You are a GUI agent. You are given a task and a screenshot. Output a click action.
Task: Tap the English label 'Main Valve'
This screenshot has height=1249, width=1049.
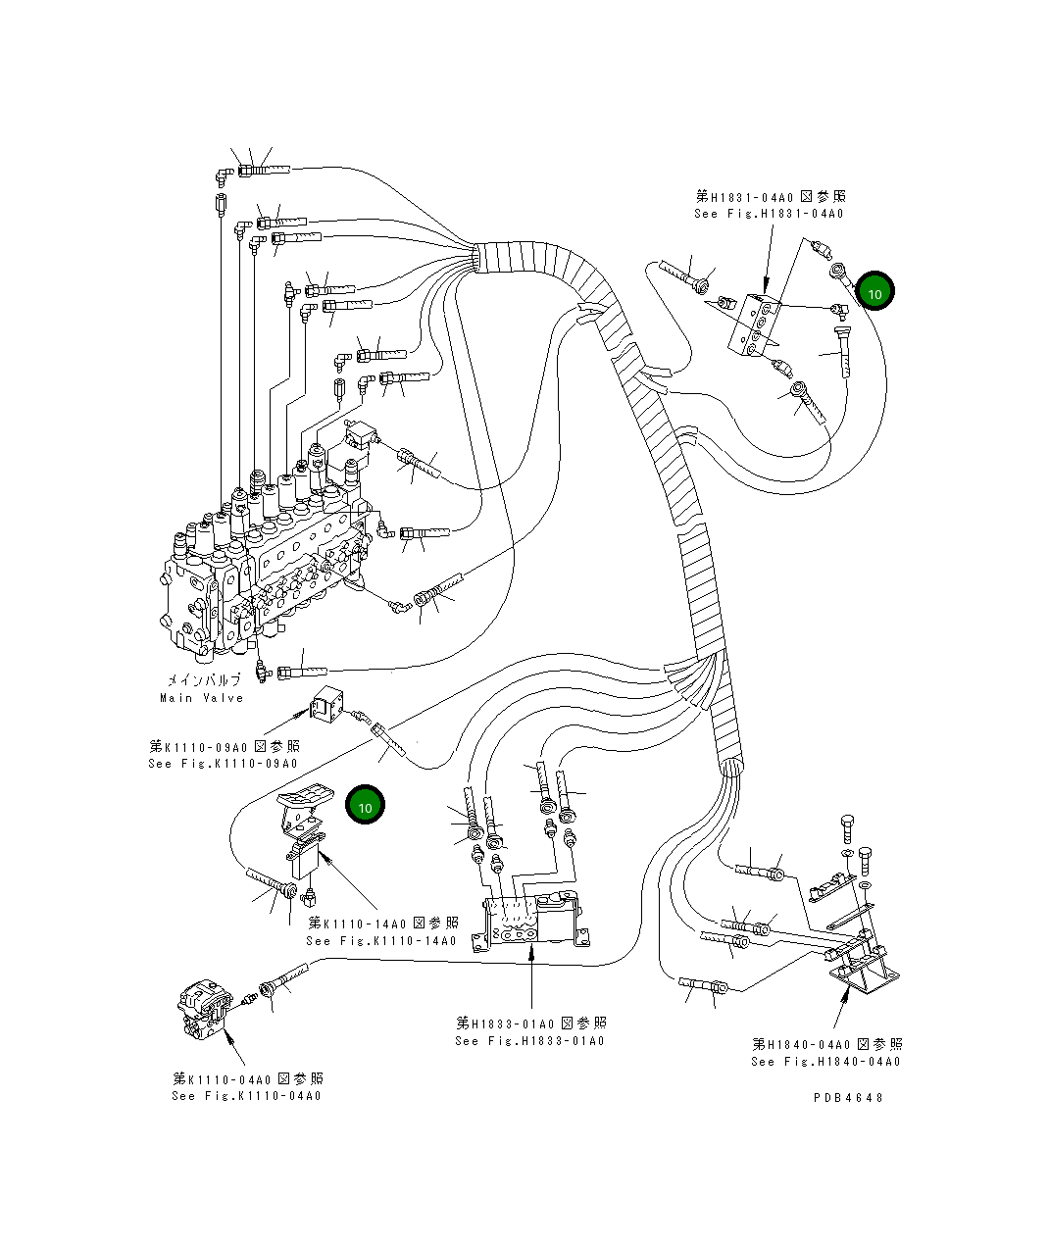(201, 698)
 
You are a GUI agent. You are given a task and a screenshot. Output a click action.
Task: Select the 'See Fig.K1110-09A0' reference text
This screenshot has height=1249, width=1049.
(223, 764)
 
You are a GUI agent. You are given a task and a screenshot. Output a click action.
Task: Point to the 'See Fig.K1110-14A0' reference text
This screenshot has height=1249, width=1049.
(381, 941)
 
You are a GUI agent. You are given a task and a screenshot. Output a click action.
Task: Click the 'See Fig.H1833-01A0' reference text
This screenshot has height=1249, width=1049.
(529, 1041)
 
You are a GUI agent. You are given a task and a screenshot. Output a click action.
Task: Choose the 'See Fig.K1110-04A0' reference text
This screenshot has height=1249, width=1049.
(246, 1096)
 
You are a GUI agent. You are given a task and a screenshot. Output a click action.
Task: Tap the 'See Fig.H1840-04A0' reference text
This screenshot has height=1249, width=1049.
(825, 1062)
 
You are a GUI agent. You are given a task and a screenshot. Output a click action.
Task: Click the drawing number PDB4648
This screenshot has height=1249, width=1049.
(847, 1098)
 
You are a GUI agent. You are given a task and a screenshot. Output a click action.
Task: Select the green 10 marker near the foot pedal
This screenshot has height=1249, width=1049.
(365, 806)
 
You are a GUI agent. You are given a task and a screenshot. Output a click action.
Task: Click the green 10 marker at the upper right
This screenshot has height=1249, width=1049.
(874, 292)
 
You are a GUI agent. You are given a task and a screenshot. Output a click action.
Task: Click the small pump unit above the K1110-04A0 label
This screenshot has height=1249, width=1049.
(204, 1010)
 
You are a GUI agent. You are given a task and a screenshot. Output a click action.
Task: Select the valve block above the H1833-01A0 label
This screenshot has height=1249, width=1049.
(529, 922)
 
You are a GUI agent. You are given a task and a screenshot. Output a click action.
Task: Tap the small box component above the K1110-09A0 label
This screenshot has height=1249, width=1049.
(325, 706)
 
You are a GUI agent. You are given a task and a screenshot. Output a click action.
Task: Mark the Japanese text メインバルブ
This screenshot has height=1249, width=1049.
(203, 680)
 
